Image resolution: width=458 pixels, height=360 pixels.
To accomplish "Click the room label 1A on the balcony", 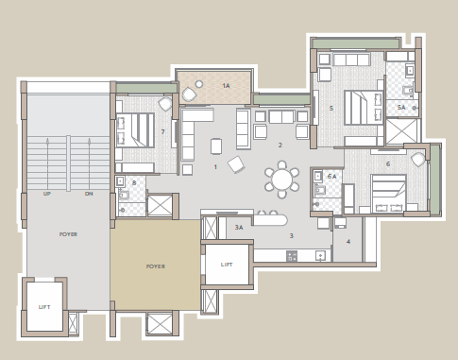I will [226, 86].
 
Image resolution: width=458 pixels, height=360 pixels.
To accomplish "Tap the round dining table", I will [281, 178].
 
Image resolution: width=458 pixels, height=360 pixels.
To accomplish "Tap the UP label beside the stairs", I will [46, 194].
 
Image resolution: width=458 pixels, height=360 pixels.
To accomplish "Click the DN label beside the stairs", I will [89, 194].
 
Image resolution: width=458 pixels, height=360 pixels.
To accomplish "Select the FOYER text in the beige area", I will [156, 266].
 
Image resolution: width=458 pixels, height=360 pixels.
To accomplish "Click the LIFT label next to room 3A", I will [227, 266].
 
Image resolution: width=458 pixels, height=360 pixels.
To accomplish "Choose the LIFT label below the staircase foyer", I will [44, 308].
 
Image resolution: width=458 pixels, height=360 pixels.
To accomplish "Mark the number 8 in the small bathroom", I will [134, 182].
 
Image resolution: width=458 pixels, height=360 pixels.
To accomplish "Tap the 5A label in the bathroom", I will [401, 109].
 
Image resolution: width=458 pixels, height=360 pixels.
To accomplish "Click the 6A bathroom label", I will [331, 176].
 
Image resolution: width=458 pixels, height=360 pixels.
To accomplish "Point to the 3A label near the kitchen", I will [239, 228].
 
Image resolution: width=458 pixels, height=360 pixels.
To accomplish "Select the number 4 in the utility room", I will [348, 242].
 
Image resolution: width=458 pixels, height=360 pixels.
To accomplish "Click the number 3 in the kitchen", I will [292, 235].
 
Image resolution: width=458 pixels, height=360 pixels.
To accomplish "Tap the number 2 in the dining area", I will [280, 146].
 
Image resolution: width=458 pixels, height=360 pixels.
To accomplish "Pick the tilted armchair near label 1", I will [236, 164].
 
